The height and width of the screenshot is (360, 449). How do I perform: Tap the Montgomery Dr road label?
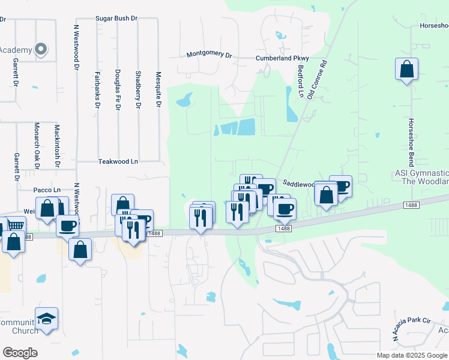click(209, 55)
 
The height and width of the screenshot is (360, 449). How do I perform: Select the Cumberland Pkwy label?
click(282, 58)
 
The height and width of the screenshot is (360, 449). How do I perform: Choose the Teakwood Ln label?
click(118, 161)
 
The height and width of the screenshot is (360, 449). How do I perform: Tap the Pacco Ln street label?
click(48, 190)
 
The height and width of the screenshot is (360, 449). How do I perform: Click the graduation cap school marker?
click(46, 319)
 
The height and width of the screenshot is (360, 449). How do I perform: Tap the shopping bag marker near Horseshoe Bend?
click(406, 68)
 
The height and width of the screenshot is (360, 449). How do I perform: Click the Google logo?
click(20, 353)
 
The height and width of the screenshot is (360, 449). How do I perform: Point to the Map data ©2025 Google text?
click(412, 355)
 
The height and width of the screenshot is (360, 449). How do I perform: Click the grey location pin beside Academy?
click(41, 49)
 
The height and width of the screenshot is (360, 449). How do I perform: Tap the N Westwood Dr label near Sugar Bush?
click(76, 48)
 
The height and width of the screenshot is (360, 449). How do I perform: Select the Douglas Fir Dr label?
click(117, 90)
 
